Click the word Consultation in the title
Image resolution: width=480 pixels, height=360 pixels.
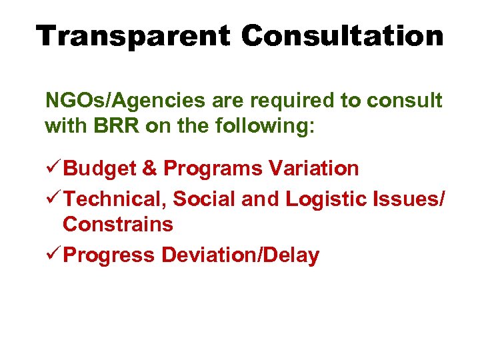343,35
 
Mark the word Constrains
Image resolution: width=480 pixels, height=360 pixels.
118,225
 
